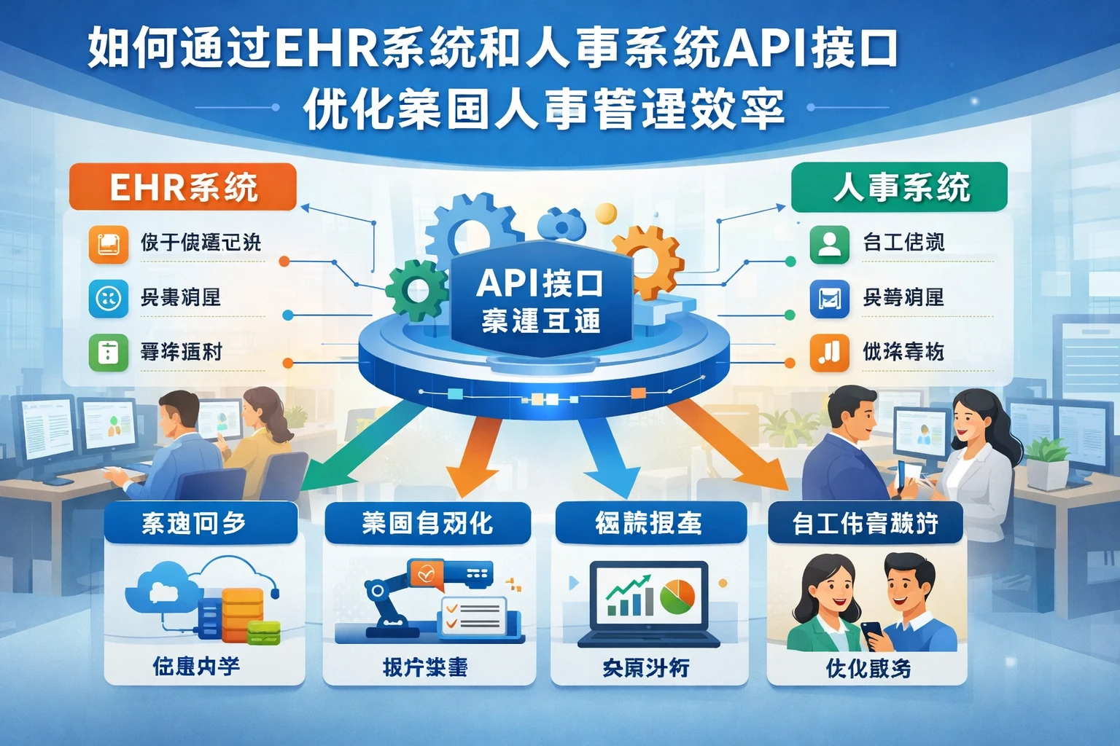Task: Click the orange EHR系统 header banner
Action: pyautogui.click(x=182, y=187)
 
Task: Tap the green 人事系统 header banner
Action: pyautogui.click(x=899, y=187)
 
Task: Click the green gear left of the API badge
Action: pyautogui.click(x=416, y=291)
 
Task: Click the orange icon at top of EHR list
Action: pyautogui.click(x=108, y=243)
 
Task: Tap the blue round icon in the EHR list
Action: pyautogui.click(x=108, y=297)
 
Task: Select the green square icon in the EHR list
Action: pyautogui.click(x=108, y=353)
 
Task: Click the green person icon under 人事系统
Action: pyautogui.click(x=829, y=243)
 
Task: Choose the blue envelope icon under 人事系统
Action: pyautogui.click(x=829, y=297)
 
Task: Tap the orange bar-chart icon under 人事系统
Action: pyautogui.click(x=829, y=353)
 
